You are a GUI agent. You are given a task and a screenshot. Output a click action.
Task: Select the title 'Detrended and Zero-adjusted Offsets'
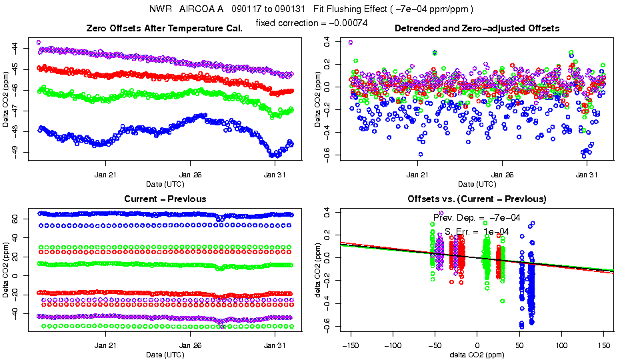coord(477,28)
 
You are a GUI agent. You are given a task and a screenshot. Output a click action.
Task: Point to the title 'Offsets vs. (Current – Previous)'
coord(477,199)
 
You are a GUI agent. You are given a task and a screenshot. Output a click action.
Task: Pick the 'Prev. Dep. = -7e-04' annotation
coord(477,217)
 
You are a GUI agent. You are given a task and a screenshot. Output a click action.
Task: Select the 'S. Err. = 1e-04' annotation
coord(477,231)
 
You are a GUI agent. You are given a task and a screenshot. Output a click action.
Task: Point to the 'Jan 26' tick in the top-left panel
coord(190,175)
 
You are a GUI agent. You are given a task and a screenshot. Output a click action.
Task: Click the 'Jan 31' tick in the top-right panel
coord(587,175)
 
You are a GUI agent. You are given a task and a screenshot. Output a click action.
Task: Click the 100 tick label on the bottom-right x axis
coord(562,345)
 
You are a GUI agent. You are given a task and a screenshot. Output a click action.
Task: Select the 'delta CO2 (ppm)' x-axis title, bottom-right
coord(477,354)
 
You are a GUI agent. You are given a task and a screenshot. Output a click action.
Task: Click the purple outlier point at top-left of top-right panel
coord(351,42)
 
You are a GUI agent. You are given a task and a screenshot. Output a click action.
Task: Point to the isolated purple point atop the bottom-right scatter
coord(441,213)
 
